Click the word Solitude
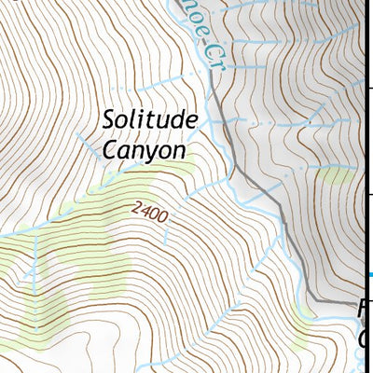coord(150,121)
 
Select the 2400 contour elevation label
coord(150,214)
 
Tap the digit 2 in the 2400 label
coord(137,210)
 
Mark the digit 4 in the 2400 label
coord(145,213)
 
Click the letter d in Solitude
coord(174,120)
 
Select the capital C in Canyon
coord(110,149)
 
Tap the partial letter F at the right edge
coord(365,308)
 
